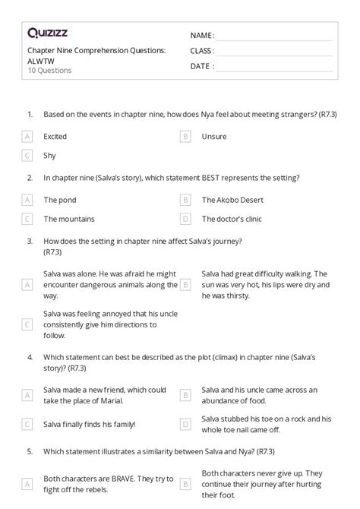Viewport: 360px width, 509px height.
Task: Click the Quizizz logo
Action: point(46,33)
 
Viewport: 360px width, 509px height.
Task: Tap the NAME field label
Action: point(201,36)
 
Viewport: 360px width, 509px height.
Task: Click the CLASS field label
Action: point(202,51)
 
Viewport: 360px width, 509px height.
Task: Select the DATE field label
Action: point(201,66)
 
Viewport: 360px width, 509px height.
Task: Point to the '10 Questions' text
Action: point(49,71)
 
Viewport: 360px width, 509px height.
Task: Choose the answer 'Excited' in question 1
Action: point(55,137)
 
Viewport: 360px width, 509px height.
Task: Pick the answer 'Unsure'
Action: point(214,137)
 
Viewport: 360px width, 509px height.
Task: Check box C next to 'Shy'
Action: point(27,156)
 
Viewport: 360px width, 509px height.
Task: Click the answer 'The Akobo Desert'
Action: point(232,200)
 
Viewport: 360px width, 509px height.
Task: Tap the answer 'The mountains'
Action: point(69,219)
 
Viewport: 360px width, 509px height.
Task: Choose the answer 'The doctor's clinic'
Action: point(232,219)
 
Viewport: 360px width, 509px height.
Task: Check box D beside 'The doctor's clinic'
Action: point(185,219)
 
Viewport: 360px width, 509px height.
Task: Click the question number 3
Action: point(30,241)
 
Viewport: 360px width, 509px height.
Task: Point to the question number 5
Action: point(30,451)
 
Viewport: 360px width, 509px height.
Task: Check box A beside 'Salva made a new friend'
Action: point(27,395)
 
